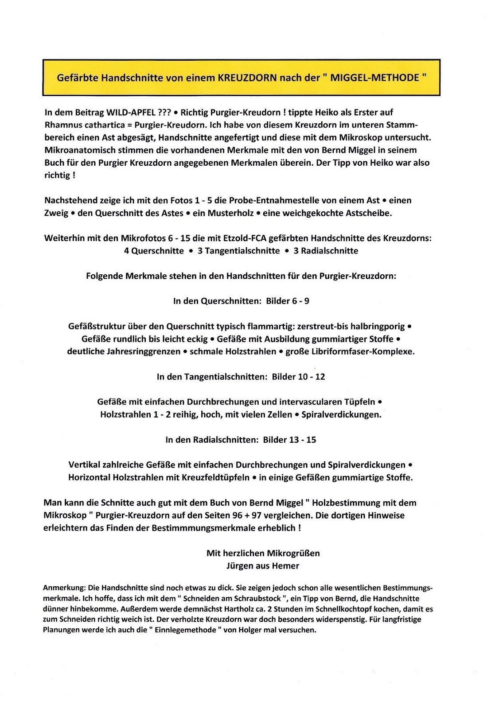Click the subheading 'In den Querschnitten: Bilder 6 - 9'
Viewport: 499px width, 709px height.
(x=241, y=301)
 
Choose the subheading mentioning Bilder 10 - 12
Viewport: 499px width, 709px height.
(x=241, y=377)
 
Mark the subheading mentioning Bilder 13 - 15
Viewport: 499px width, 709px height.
(x=241, y=440)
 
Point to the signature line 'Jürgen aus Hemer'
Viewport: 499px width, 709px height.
(x=263, y=566)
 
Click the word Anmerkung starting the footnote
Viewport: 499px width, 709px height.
(x=64, y=588)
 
